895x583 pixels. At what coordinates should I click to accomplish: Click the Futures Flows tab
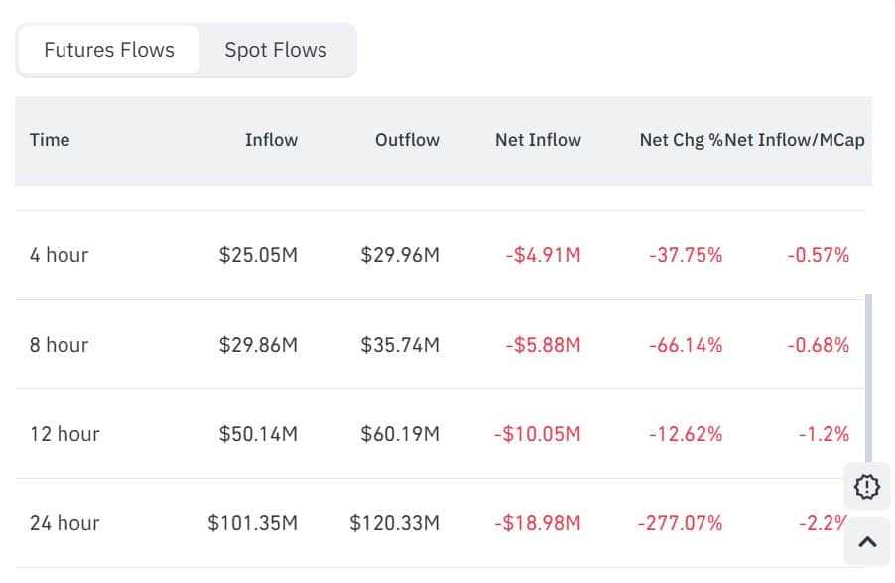tap(109, 50)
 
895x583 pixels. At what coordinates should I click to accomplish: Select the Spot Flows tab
tap(275, 50)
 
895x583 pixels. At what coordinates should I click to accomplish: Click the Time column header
tap(50, 140)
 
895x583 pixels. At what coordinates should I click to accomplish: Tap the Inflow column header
tap(271, 140)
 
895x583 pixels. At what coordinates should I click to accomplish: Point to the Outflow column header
tap(407, 140)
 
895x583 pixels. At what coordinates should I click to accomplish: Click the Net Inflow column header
tap(538, 140)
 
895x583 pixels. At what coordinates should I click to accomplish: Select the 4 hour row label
tap(59, 255)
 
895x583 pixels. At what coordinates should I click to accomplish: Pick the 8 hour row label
tap(59, 345)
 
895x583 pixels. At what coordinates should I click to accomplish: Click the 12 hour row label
tap(64, 434)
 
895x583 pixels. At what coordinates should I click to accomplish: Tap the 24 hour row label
tap(64, 523)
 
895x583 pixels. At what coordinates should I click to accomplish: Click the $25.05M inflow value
tap(258, 255)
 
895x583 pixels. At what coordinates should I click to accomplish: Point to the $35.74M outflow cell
tap(400, 345)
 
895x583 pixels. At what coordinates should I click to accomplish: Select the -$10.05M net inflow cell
tap(537, 434)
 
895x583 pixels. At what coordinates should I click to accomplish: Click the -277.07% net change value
tap(680, 523)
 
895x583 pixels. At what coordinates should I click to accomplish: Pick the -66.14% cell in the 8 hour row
tap(686, 345)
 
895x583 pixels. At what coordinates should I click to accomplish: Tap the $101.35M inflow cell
tap(252, 523)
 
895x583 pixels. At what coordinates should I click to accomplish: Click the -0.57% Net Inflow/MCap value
tap(819, 255)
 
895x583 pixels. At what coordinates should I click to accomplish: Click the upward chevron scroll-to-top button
tap(866, 541)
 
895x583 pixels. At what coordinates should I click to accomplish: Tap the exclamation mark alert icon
tap(866, 487)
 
